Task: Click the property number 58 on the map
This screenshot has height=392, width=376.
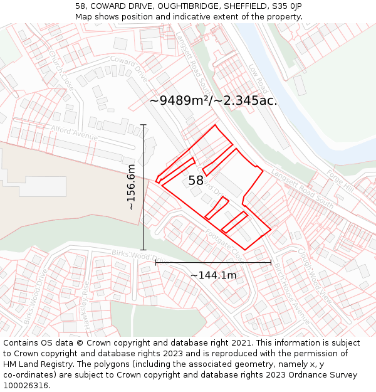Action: tap(196, 181)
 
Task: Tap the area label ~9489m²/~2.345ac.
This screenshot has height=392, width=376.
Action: tap(213, 100)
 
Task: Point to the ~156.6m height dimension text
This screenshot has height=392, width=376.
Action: tap(130, 187)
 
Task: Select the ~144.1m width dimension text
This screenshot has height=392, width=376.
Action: tap(213, 275)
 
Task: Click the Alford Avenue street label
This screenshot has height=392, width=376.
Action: tap(74, 132)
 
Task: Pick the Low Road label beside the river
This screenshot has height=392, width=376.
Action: tap(258, 78)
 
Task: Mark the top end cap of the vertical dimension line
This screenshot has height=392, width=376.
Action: tap(144, 125)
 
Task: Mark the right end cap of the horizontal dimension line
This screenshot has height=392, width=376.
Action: tap(271, 262)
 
